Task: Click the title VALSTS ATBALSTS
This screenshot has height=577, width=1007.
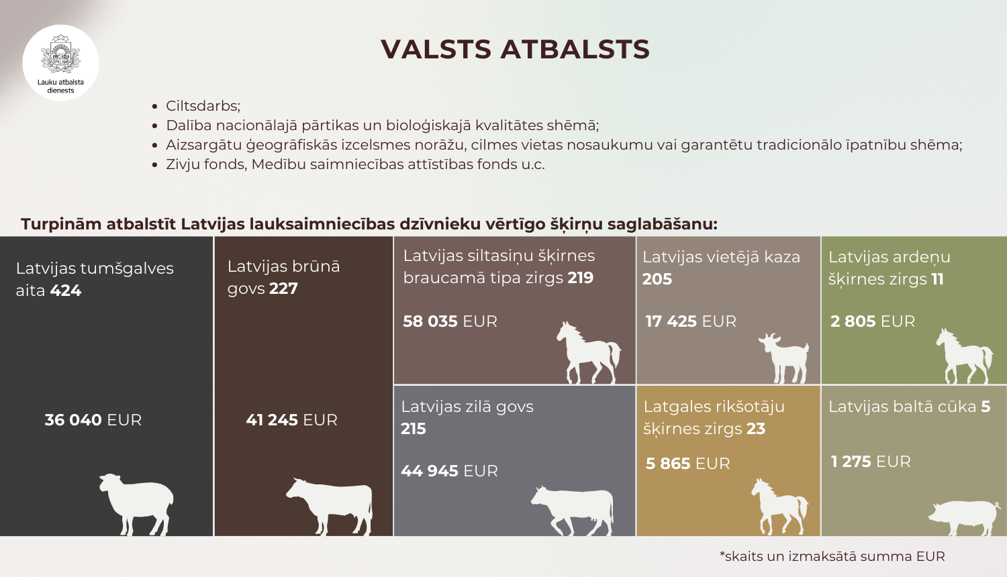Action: [x=515, y=50]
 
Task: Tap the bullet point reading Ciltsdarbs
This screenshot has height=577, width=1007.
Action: [x=203, y=106]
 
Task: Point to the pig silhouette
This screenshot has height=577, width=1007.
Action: [x=964, y=517]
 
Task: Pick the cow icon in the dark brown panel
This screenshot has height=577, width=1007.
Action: [x=330, y=505]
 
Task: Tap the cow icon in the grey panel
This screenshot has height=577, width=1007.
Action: [x=573, y=509]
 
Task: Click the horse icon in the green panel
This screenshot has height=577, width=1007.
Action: [x=964, y=356]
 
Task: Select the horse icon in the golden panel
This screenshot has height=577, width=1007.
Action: [x=779, y=506]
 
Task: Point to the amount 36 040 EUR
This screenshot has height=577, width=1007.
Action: [x=93, y=420]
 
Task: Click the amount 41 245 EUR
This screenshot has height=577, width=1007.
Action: [x=291, y=420]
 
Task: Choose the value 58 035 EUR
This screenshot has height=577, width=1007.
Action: [x=450, y=321]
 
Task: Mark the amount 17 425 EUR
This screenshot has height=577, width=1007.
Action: [x=691, y=321]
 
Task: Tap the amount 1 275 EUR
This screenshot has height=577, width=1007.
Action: [x=871, y=462]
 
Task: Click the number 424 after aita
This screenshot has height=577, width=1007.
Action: [x=65, y=291]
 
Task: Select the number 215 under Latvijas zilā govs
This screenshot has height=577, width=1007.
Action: [x=414, y=429]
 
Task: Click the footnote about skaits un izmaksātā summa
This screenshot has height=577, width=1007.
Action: [x=832, y=556]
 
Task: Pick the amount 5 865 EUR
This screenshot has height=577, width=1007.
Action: [x=687, y=464]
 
